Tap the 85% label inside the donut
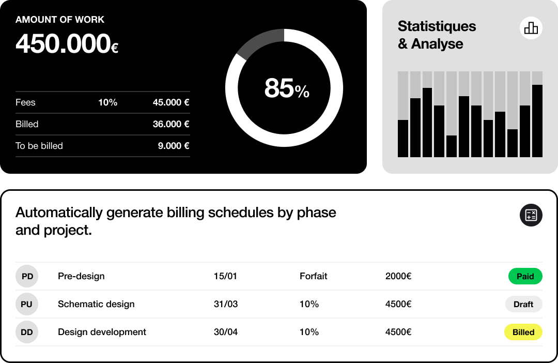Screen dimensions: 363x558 point(286,88)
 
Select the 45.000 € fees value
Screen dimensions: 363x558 point(171,102)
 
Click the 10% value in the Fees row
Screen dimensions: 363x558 point(107,102)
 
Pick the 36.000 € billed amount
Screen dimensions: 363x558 point(171,124)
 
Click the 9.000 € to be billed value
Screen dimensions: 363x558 point(173,146)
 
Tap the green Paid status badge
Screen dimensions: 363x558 point(525,276)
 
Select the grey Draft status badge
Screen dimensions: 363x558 point(523,304)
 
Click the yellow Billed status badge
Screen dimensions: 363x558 point(523,332)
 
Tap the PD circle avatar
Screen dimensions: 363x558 point(27,276)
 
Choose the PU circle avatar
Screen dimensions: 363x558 point(27,304)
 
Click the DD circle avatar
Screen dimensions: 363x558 point(27,332)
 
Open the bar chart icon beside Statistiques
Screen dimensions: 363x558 point(531,27)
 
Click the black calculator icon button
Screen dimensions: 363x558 point(531,215)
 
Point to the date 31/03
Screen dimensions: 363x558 point(225,304)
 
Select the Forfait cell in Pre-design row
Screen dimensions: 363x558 point(313,276)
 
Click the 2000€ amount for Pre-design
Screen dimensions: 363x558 point(398,276)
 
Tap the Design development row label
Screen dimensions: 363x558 point(102,332)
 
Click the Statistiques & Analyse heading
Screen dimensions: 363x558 point(437,35)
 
